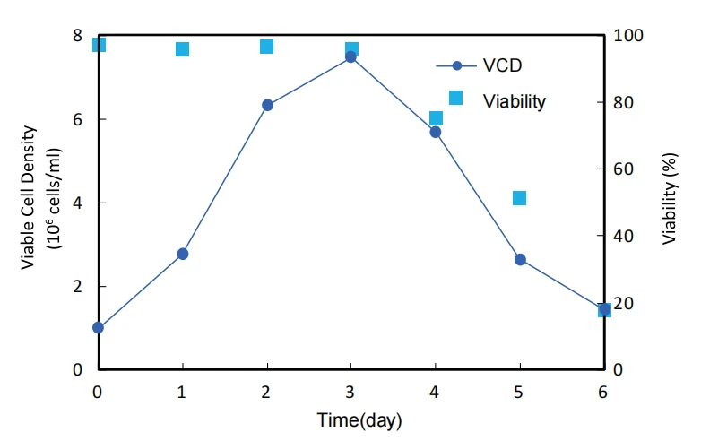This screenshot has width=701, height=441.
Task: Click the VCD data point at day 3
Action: pyautogui.click(x=350, y=56)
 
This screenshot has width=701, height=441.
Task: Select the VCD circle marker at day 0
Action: pyautogui.click(x=98, y=327)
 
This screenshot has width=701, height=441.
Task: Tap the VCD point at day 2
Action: pyautogui.click(x=267, y=105)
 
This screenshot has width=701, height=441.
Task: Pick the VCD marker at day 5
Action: pyautogui.click(x=520, y=260)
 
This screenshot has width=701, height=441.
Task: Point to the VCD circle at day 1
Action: pyautogui.click(x=182, y=254)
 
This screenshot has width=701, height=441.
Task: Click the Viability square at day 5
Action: pyautogui.click(x=520, y=198)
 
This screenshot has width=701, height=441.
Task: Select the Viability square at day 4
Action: pyautogui.click(x=436, y=118)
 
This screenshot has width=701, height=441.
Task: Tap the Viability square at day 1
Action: pyautogui.click(x=182, y=49)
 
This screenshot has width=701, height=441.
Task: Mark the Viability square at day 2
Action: pyautogui.click(x=267, y=47)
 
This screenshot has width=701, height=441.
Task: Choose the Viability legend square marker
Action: pyautogui.click(x=455, y=98)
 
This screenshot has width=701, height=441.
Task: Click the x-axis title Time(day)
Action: pyautogui.click(x=359, y=420)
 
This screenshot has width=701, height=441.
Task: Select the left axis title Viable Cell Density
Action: pyautogui.click(x=28, y=197)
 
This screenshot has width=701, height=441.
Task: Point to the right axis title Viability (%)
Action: pyautogui.click(x=670, y=198)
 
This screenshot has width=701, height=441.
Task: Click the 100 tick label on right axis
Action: pyautogui.click(x=627, y=35)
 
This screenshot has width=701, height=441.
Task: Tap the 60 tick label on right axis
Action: pyautogui.click(x=623, y=169)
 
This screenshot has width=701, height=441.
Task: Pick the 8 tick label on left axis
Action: pyautogui.click(x=78, y=35)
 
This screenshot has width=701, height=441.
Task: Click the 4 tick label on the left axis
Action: pyautogui.click(x=78, y=203)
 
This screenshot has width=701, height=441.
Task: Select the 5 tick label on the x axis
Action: pyautogui.click(x=518, y=393)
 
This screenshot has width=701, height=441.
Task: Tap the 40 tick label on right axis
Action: pyautogui.click(x=623, y=236)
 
